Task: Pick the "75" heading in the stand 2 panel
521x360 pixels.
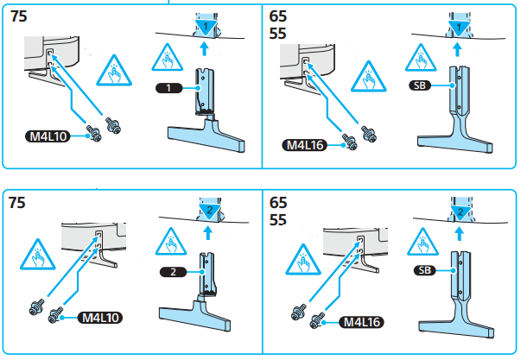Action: coord(18,203)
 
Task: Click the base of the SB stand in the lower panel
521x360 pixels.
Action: coord(458,325)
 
